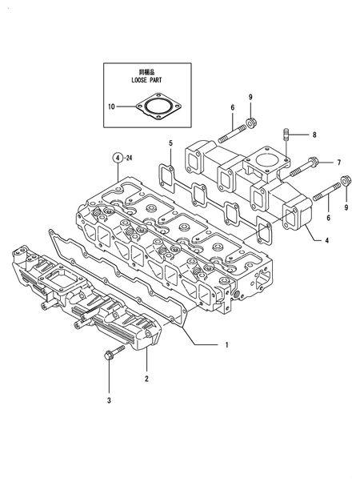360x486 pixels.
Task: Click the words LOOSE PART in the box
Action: pyautogui.click(x=146, y=80)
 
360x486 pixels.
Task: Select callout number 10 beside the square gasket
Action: pyautogui.click(x=111, y=106)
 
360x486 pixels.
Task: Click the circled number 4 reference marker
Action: pyautogui.click(x=118, y=158)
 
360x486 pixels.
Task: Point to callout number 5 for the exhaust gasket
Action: pyautogui.click(x=170, y=143)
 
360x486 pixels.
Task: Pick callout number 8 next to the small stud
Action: pyautogui.click(x=314, y=135)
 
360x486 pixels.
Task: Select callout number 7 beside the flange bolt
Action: pyautogui.click(x=339, y=163)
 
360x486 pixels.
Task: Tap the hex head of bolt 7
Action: pyautogui.click(x=312, y=162)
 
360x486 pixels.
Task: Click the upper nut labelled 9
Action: pyautogui.click(x=250, y=123)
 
